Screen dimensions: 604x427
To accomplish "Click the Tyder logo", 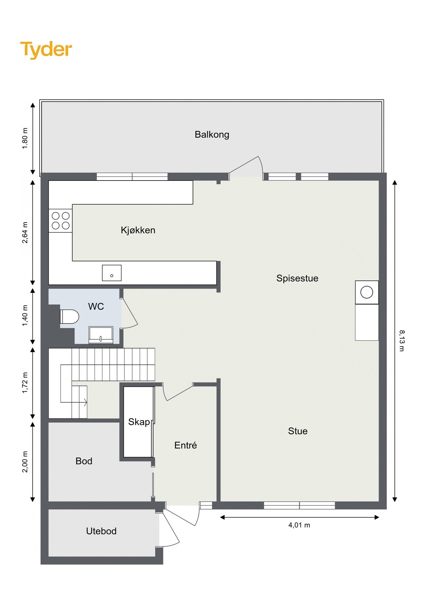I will coord(46,49).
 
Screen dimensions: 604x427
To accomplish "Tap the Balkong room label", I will coord(212,135).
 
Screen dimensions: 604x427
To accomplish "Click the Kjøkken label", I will coord(138,230).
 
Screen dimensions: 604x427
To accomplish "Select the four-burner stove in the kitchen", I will coord(60,220).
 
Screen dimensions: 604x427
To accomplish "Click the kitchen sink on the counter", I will coord(112,273).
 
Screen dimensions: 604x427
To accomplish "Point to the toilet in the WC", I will coord(69,316).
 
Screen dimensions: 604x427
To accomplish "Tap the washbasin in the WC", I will coord(101,335).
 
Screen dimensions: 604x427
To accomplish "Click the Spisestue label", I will coord(297,278).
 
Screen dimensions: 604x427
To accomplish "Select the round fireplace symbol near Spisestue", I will coord(367,292).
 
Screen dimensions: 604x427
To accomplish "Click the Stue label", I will coord(298,431).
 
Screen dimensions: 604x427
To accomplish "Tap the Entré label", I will coord(185,445).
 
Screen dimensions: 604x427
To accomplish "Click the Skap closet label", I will coord(139,422).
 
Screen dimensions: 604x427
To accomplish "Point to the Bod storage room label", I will coord(84,461).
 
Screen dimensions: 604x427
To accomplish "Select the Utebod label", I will coord(101,531).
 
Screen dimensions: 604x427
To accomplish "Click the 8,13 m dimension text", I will coord(402,340).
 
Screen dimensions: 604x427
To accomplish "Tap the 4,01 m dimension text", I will coord(299,525).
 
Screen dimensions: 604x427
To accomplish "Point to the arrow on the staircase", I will coord(85,402).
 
